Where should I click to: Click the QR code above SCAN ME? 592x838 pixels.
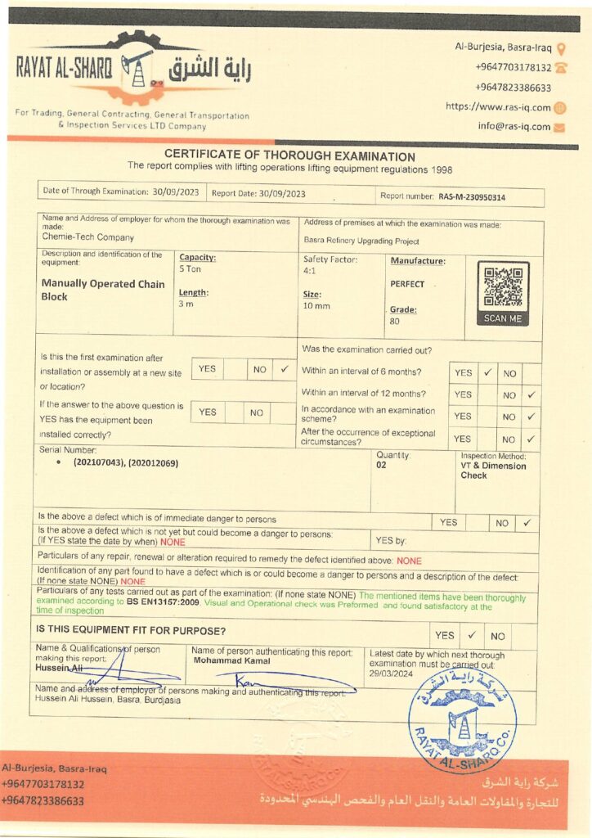click(502, 286)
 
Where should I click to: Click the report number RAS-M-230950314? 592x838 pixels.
click(472, 196)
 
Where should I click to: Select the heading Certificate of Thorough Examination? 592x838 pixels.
click(289, 156)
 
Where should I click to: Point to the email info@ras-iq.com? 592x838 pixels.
click(514, 127)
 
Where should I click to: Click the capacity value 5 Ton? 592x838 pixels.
click(190, 268)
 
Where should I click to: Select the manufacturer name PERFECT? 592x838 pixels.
click(407, 284)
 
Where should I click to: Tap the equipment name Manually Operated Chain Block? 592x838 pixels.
click(103, 290)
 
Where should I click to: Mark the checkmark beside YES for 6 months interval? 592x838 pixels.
click(487, 372)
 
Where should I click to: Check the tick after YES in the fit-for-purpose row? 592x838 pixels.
click(472, 635)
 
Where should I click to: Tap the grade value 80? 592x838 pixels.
click(394, 322)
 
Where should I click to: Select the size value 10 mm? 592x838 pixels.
click(316, 306)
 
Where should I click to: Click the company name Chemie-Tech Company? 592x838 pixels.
click(87, 237)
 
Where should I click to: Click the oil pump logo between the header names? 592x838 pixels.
click(137, 68)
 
